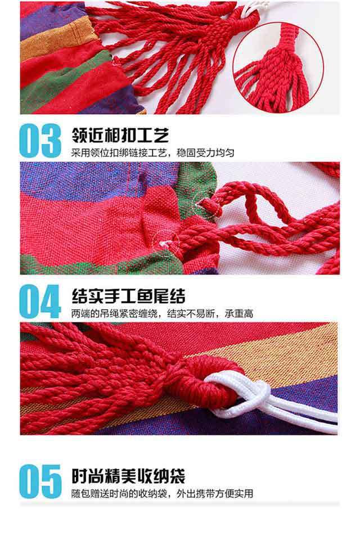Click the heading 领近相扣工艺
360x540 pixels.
120,135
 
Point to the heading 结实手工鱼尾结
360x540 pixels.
128,296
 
